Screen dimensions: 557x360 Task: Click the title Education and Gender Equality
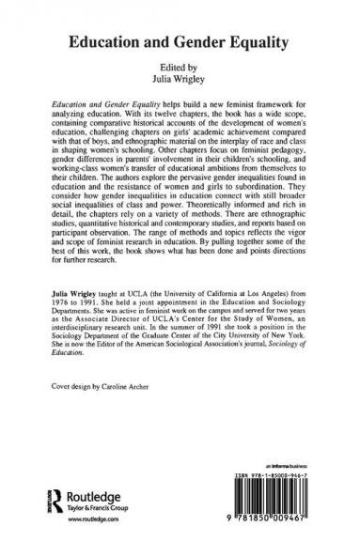pyautogui.click(x=180, y=41)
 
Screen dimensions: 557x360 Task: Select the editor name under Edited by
pyautogui.click(x=180, y=78)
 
